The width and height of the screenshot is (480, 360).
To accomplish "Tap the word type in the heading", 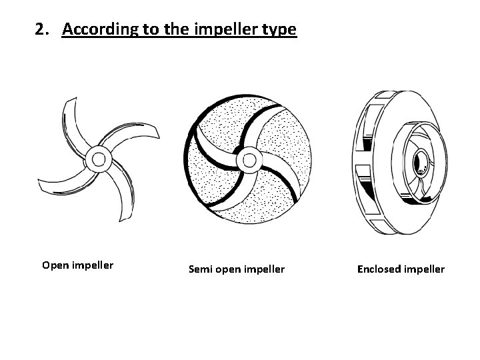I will pos(279,29).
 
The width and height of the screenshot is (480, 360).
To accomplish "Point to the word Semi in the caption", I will pos(199,269).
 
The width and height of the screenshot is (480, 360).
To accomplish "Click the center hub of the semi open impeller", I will pos(249,159).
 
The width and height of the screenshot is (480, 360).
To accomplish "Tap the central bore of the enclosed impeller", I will pos(420,162).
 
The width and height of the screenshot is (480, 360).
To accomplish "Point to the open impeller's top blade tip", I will pos(67,103).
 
